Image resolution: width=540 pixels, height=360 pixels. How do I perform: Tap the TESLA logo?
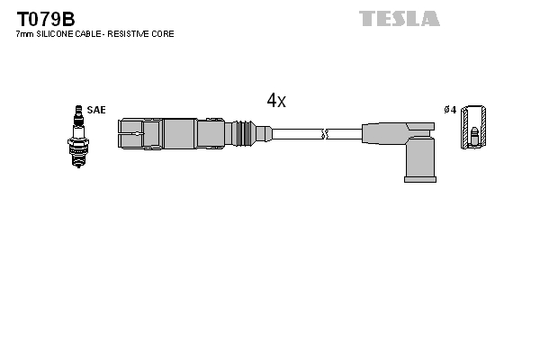tap(400, 18)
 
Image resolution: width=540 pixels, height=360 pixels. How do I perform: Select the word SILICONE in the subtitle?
tap(58, 34)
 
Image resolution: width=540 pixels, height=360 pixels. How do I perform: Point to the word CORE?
tap(163, 34)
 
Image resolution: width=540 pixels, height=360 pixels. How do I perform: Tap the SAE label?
tap(96, 110)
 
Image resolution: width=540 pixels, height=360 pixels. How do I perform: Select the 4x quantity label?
tap(276, 101)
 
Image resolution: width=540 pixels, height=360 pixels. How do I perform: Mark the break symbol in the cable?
tap(326, 135)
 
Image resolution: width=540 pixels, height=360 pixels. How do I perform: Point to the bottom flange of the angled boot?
tap(420, 178)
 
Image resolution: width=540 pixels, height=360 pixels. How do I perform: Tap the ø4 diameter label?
tap(451, 110)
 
